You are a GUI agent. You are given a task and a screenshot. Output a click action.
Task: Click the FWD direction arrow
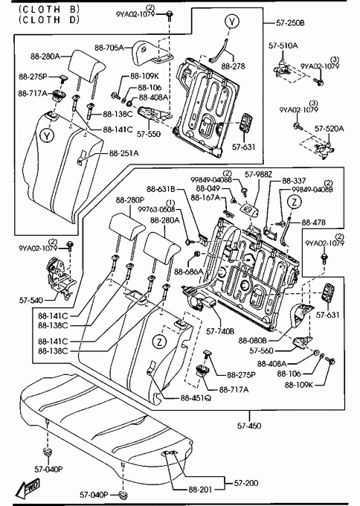pos(28,487)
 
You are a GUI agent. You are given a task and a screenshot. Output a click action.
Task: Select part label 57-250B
pos(290,23)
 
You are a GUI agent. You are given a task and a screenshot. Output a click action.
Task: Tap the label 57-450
pos(249,426)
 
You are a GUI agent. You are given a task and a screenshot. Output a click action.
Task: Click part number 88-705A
pos(109,48)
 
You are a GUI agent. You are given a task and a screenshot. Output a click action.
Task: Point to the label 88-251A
pos(124,153)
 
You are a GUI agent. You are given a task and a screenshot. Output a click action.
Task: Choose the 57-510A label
pos(283,46)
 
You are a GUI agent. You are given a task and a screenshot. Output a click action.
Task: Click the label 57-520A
pos(329,129)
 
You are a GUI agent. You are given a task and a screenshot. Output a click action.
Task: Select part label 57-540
pos(31,301)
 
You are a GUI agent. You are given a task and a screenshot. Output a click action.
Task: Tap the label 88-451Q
pos(196,398)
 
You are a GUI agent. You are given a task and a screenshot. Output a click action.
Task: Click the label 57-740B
pos(220,331)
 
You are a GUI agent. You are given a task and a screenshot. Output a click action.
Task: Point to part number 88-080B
pos(253,341)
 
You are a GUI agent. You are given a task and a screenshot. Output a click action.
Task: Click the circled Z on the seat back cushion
pos(159,342)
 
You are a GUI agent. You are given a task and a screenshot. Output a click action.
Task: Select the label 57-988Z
pos(258,175)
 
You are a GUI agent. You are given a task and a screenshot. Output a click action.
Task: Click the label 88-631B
pos(161,188)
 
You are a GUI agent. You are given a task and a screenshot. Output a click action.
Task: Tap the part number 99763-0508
pos(156,209)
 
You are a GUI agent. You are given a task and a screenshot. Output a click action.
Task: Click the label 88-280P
pos(130,200)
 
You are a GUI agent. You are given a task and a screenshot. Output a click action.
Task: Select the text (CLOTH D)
pos(49,19)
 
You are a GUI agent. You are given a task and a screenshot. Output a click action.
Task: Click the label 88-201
pos(200,490)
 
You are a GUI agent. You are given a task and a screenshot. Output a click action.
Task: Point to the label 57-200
pos(246,483)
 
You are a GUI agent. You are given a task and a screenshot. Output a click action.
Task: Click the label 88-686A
pos(189,272)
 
